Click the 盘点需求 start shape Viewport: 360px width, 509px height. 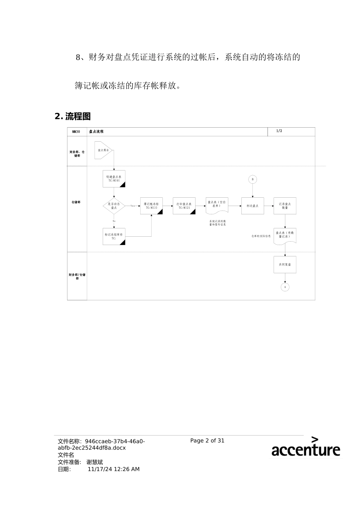(x=103, y=150)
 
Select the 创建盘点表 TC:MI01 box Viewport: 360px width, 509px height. (x=114, y=179)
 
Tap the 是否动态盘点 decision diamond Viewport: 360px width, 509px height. (x=114, y=206)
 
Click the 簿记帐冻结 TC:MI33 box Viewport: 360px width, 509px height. (x=151, y=206)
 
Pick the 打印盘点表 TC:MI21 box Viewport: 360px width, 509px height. (x=184, y=206)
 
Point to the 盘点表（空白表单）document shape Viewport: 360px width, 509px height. (x=217, y=205)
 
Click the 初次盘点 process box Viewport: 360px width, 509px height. (x=252, y=206)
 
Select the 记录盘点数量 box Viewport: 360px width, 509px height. (x=285, y=206)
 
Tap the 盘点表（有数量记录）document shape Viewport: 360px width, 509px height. (x=285, y=235)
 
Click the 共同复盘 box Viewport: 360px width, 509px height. (x=285, y=265)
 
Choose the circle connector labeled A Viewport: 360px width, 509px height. (x=285, y=287)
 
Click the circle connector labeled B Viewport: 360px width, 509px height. (x=253, y=180)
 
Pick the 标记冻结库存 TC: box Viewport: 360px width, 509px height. (x=114, y=236)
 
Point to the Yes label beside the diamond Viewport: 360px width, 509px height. (x=133, y=206)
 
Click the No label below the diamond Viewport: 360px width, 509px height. (x=114, y=221)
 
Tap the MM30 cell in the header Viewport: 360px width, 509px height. (x=76, y=132)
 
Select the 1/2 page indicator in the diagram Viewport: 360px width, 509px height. (x=279, y=131)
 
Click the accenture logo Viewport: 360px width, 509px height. (x=305, y=447)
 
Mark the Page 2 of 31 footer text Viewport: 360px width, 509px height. (x=207, y=440)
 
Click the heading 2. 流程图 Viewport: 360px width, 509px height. (x=73, y=116)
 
